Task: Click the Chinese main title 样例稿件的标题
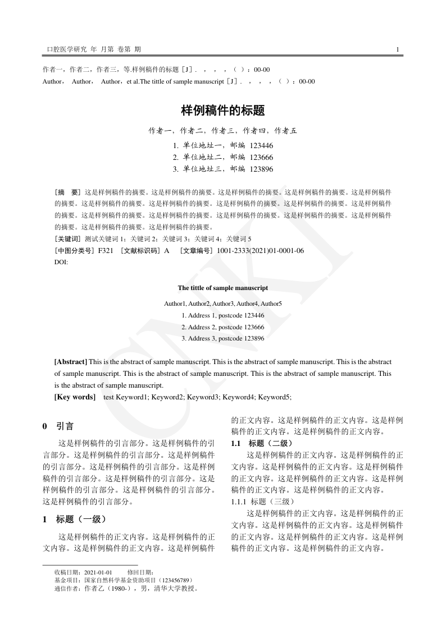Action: click(x=222, y=111)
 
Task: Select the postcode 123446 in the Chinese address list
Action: click(x=261, y=145)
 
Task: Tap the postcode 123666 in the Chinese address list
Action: click(x=261, y=157)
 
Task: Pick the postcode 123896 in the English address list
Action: click(x=252, y=338)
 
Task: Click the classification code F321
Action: click(x=106, y=251)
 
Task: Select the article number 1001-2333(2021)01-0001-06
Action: click(x=260, y=251)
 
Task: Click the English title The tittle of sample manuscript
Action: click(x=222, y=288)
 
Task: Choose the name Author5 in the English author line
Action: click(x=271, y=303)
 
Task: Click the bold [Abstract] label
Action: click(x=70, y=362)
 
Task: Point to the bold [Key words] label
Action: click(x=75, y=397)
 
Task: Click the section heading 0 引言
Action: click(x=58, y=426)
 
